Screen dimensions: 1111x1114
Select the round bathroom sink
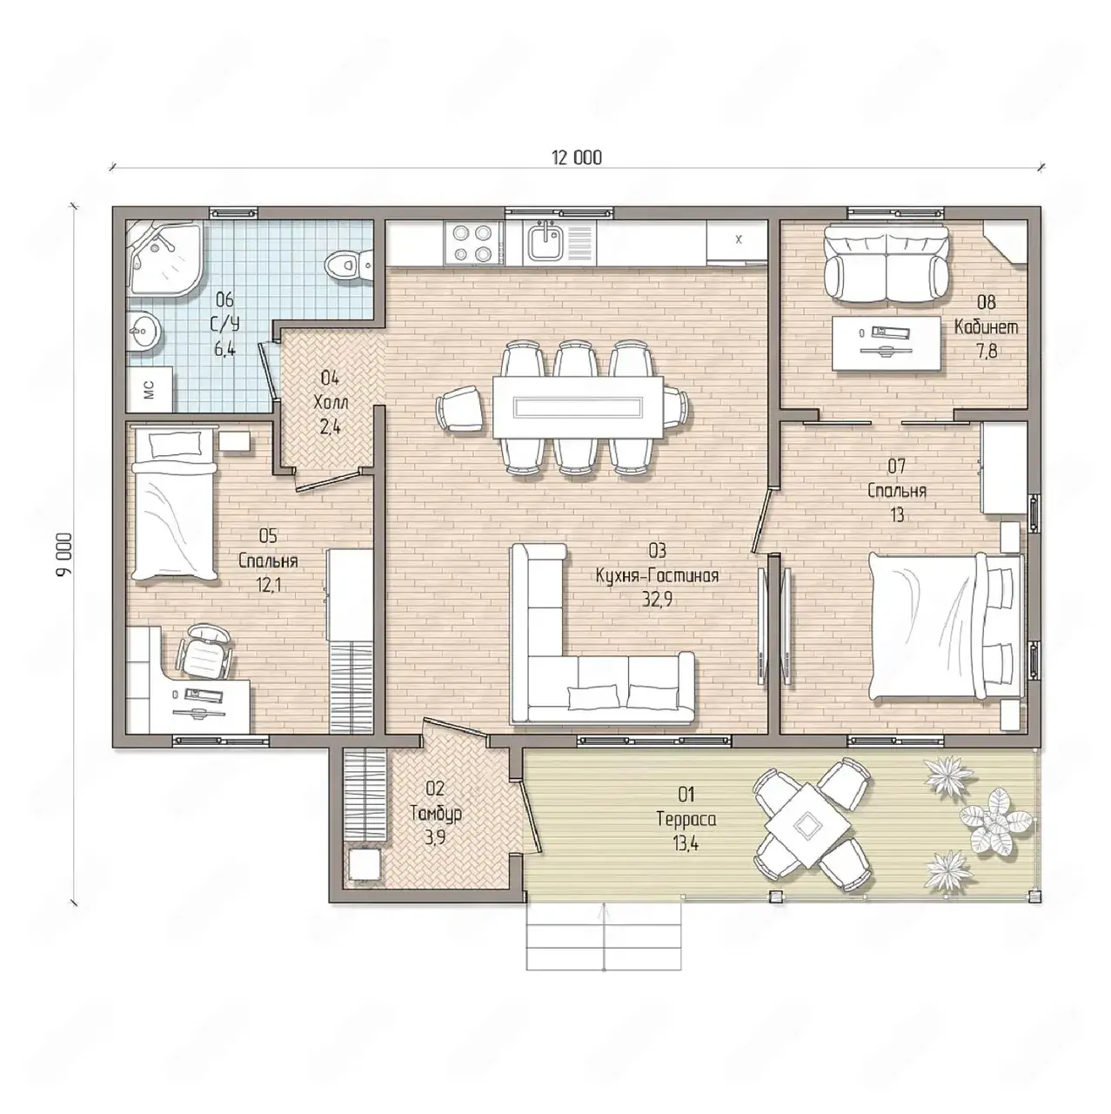point(143,332)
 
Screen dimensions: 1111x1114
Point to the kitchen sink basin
point(544,242)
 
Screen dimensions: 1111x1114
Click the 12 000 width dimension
point(576,158)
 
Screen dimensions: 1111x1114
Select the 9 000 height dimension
point(64,554)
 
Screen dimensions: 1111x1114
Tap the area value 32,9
point(657,600)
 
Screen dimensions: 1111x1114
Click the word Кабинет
point(986,327)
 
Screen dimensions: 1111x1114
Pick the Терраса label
point(686,819)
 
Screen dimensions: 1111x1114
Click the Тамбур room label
point(436,814)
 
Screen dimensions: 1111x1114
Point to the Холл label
point(331,402)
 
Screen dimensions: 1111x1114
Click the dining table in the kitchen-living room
point(578,407)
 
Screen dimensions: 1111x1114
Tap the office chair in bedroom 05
point(204,651)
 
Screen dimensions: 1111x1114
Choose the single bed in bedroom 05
point(174,503)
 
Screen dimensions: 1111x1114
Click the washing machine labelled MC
point(150,389)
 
